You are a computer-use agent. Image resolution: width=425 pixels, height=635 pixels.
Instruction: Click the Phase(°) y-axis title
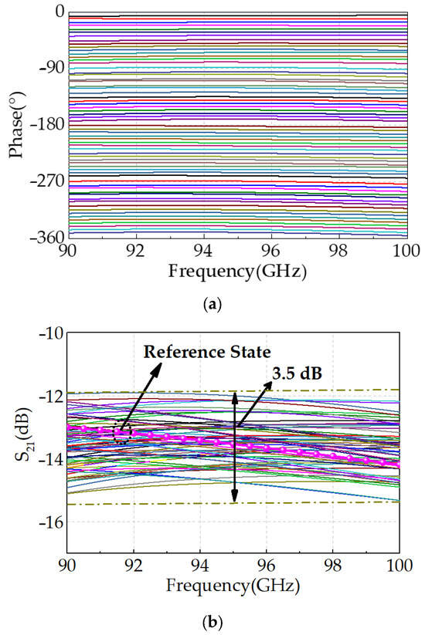coord(16,124)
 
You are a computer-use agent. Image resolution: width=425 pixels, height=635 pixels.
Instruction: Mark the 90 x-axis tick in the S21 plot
coord(70,567)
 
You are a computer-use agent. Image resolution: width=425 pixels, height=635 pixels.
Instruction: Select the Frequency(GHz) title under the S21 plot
coord(235,586)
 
